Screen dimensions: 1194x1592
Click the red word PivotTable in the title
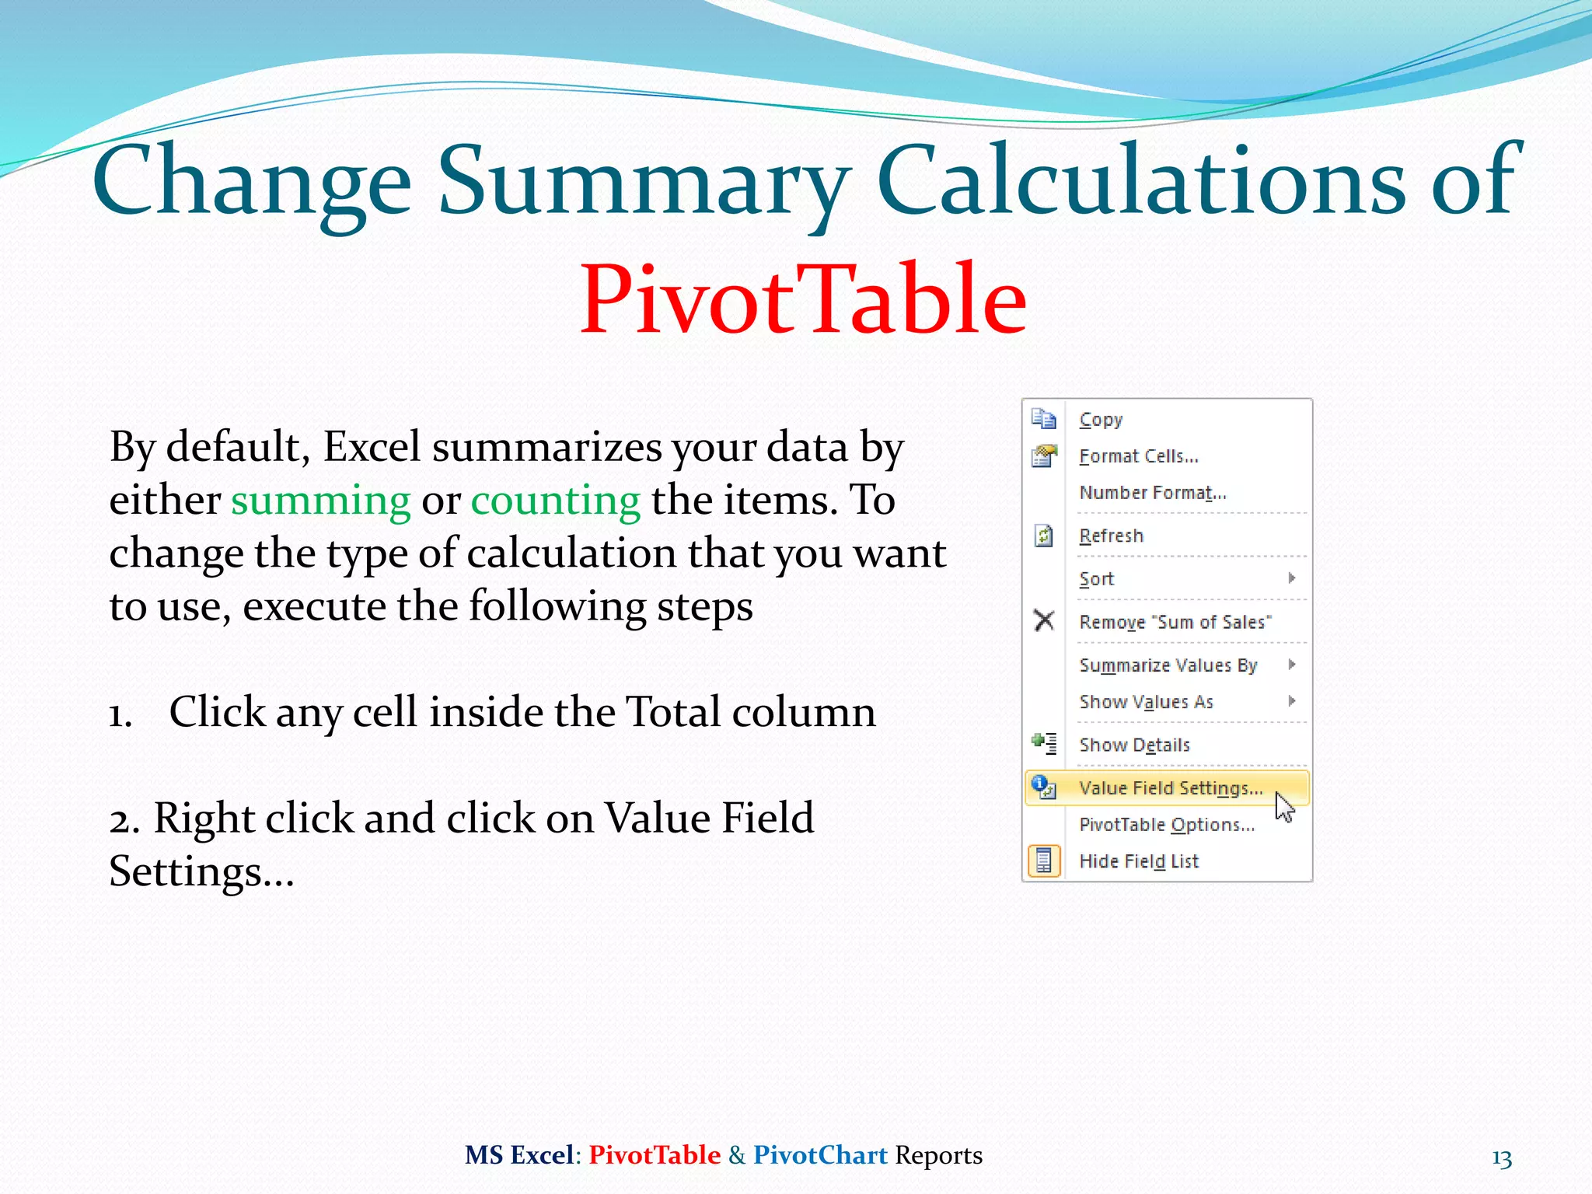(803, 300)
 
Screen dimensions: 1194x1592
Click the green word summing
(320, 500)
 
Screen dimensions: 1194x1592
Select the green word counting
(555, 500)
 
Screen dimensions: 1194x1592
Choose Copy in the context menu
(1101, 420)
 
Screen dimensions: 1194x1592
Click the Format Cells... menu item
(1138, 456)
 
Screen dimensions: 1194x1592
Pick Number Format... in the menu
(1152, 493)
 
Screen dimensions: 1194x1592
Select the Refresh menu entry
(1111, 536)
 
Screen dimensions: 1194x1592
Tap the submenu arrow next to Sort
(1291, 578)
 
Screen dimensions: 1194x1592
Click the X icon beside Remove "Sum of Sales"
(1044, 621)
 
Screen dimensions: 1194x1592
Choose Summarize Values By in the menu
(1168, 665)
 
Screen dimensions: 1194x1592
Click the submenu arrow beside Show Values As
(1291, 701)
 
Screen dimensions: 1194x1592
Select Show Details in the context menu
(1134, 745)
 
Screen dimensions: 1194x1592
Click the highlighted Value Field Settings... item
(1170, 788)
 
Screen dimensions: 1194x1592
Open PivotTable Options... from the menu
(1166, 825)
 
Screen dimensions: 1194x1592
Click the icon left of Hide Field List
(1044, 861)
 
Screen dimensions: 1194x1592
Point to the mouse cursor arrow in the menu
(1283, 806)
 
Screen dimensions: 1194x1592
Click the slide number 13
(1501, 1159)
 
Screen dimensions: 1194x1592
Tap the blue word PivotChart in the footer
(820, 1155)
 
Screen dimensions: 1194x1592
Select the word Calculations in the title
(1140, 180)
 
